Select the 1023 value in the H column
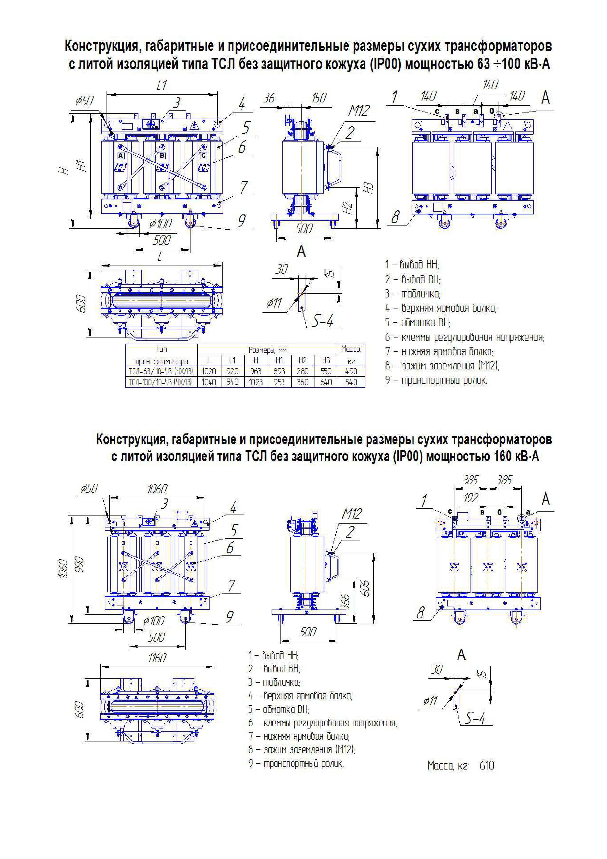[256, 382]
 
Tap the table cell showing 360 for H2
[302, 382]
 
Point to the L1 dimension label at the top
[162, 86]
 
